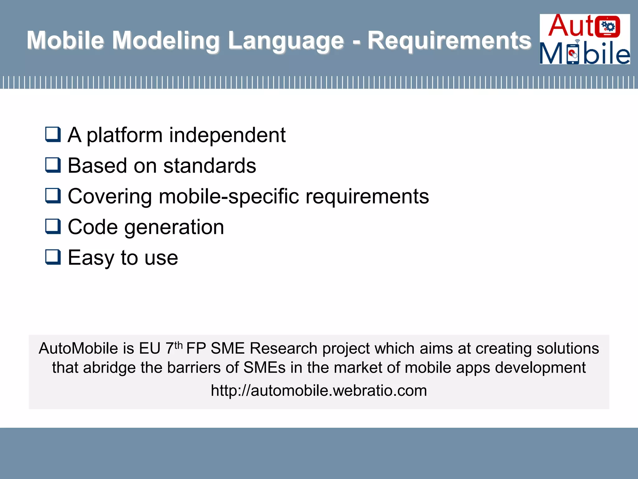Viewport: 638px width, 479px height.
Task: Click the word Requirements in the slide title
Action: [449, 41]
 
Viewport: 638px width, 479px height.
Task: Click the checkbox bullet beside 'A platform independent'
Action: [53, 134]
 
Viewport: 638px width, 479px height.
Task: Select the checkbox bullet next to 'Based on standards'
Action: [53, 165]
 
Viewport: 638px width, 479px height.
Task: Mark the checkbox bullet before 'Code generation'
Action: [53, 226]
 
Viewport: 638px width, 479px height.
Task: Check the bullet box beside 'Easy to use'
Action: [53, 257]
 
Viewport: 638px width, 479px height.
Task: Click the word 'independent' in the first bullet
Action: [227, 135]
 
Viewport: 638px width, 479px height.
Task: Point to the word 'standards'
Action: [209, 166]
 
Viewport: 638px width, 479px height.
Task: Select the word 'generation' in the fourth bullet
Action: [174, 227]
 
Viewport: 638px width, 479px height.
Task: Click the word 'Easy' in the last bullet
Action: [91, 258]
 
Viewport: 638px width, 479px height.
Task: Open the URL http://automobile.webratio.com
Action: [319, 390]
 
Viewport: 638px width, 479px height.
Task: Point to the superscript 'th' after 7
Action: [178, 345]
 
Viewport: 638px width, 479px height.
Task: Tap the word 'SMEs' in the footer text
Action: [264, 368]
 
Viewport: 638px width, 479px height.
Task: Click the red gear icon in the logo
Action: [607, 26]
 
